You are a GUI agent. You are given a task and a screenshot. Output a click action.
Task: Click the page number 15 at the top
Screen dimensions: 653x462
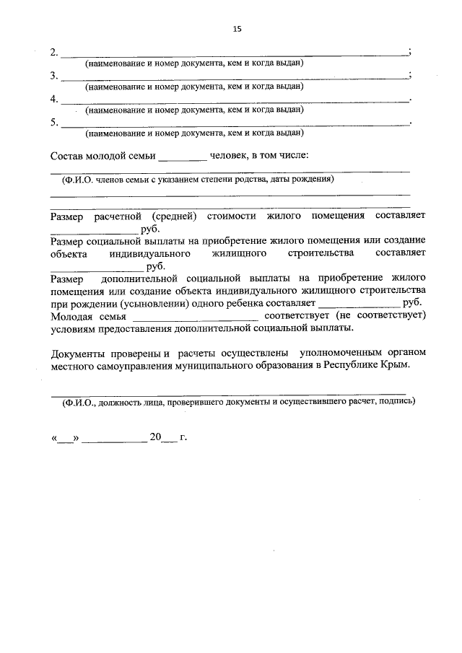coord(237,29)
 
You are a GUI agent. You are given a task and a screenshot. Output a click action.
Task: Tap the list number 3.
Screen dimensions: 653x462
coord(54,76)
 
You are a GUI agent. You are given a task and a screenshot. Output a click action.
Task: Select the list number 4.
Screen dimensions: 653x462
coord(54,99)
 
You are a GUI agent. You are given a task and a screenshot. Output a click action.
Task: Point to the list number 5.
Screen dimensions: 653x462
coord(54,122)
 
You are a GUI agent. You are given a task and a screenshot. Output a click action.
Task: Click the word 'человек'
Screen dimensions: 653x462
coord(227,155)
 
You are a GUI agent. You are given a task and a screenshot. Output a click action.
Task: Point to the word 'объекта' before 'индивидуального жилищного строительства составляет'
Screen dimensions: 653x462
coord(68,254)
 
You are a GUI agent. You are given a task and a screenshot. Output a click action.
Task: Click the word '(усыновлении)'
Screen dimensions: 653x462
coord(148,302)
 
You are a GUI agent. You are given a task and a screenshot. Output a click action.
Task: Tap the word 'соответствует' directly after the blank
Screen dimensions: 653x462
coord(296,315)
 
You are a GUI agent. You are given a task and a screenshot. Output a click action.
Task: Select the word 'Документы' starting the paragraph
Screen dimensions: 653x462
coord(78,353)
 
